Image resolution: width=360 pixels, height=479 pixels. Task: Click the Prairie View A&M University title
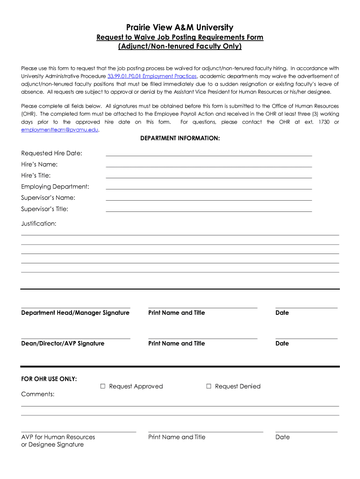pos(180,28)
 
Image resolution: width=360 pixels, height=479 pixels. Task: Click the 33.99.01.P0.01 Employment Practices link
pos(152,76)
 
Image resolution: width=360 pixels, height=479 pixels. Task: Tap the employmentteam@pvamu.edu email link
pos(60,130)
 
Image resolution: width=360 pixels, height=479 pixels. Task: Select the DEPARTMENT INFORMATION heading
pos(180,138)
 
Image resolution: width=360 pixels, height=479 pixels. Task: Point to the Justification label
pos(39,224)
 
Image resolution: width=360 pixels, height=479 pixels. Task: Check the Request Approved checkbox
pos(103,386)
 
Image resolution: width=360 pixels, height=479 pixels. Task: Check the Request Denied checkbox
pos(209,386)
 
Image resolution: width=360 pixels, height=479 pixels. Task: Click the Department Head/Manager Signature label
pos(75,312)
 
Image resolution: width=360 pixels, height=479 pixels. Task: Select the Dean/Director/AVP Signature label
pos(63,343)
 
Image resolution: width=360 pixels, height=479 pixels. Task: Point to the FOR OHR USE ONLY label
pos(49,379)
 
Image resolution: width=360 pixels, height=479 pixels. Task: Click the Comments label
pos(38,394)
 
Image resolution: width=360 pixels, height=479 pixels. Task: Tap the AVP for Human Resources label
pos(58,437)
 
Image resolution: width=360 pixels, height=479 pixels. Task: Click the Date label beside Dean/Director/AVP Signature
pos(282,343)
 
